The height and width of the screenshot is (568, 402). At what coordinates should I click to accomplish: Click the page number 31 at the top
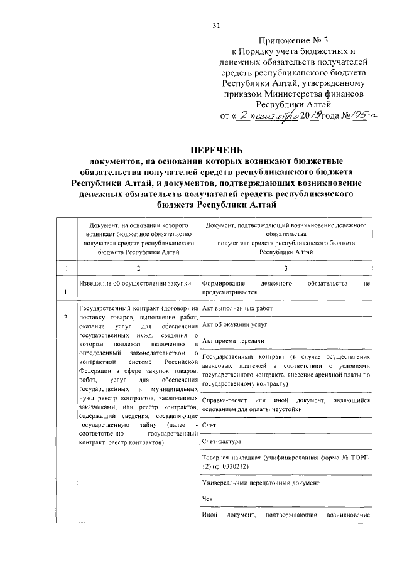tap(216, 25)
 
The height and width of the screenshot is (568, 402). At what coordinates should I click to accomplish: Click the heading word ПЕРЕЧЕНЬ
tap(216, 149)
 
